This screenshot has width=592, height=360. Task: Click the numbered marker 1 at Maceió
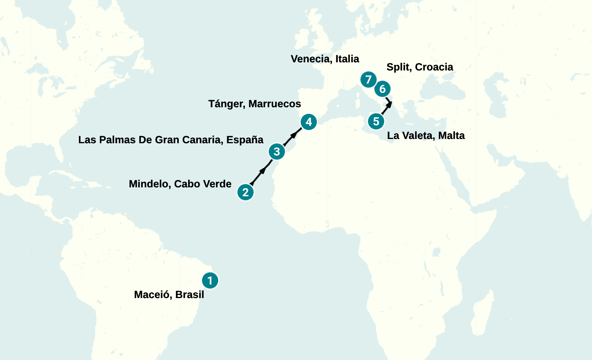(x=210, y=280)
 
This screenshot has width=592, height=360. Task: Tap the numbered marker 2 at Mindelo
(x=245, y=192)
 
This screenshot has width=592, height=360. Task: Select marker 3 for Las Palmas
(x=277, y=151)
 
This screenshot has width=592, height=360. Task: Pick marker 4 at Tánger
(x=308, y=122)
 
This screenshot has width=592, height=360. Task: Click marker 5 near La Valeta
(x=376, y=122)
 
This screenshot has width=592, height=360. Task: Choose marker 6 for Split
(x=382, y=89)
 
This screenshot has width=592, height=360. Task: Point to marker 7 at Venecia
(x=368, y=80)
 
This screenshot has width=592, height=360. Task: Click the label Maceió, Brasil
(x=169, y=295)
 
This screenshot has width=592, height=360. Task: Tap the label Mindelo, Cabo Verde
(x=180, y=184)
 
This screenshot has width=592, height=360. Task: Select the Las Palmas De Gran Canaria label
(x=171, y=140)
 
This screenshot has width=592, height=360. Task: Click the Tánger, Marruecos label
(x=255, y=104)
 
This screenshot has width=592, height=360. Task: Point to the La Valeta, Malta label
(x=426, y=135)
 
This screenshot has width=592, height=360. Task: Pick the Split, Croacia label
(x=420, y=67)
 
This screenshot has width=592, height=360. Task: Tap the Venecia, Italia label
(x=325, y=59)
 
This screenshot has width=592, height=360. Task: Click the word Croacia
(x=434, y=67)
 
